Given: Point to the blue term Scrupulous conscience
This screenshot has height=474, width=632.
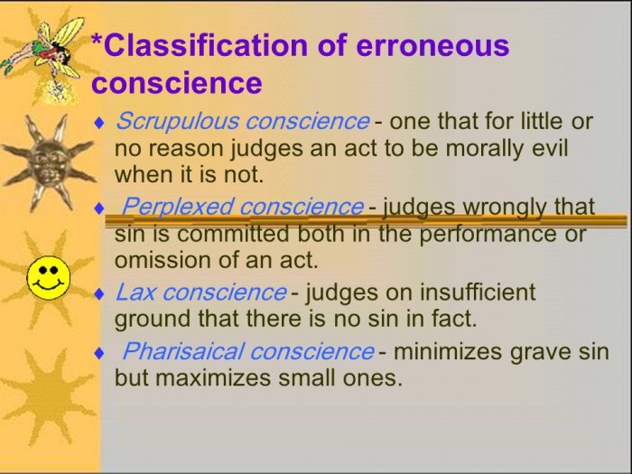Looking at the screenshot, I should tap(242, 121).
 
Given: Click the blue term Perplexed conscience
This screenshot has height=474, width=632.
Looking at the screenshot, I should tap(242, 207).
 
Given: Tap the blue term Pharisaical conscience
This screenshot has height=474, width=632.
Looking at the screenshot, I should tap(247, 350).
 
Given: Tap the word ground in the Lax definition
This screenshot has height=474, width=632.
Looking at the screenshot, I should tap(150, 319).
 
